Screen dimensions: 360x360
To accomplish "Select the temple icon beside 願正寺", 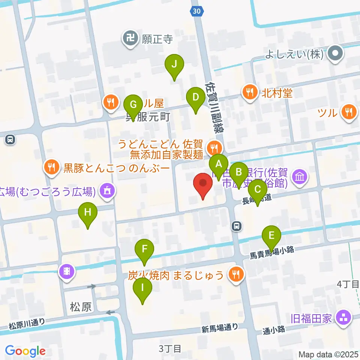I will click(x=130, y=39).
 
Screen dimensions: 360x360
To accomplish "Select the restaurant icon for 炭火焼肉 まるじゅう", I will click(x=235, y=276).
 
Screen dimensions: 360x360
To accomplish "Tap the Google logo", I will click(x=25, y=351).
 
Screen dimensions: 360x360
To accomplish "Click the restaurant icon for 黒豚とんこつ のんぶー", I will click(x=51, y=168).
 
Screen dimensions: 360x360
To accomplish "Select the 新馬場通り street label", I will click(x=219, y=328).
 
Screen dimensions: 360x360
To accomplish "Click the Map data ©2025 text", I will click(x=328, y=354).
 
